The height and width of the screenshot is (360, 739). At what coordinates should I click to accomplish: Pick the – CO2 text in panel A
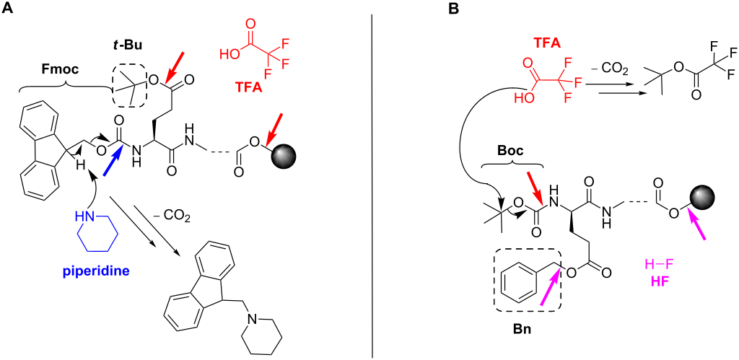(x=174, y=218)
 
